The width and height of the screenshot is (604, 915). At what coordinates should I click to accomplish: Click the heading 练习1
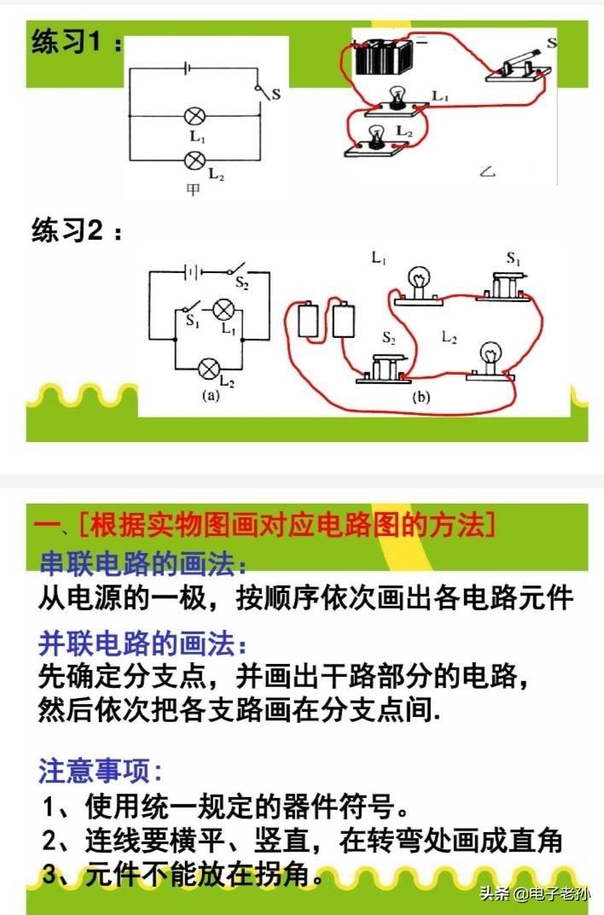[77, 42]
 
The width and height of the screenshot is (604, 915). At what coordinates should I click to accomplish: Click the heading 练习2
[77, 230]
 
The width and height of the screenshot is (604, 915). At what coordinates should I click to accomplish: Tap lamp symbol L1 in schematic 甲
[195, 116]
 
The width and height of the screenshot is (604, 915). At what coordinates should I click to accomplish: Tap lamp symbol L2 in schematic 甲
[195, 160]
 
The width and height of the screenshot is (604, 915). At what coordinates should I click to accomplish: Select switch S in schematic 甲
[261, 91]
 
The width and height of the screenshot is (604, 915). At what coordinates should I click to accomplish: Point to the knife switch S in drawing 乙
[519, 66]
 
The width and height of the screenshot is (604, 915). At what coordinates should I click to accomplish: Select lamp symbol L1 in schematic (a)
[222, 310]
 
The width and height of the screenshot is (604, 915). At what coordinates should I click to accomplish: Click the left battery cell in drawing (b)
[308, 320]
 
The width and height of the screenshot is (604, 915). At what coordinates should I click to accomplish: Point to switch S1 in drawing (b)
[503, 287]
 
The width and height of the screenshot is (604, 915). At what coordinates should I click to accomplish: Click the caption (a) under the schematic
[211, 396]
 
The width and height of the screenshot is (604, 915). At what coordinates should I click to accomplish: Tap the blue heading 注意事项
[100, 770]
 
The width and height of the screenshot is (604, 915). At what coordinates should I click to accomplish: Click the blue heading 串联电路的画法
[142, 563]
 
